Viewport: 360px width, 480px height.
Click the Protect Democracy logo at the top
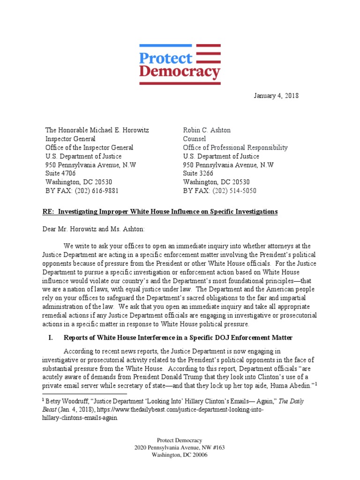[180, 64]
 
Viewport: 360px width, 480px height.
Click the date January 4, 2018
[276, 96]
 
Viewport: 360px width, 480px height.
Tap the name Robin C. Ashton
[207, 130]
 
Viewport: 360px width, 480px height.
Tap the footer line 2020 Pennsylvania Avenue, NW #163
[180, 448]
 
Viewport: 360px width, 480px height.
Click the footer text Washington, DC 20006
[180, 455]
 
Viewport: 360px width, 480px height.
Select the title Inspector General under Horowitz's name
[70, 139]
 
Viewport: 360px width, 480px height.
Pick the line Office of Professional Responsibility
[235, 148]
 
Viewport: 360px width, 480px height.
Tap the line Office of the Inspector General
[89, 148]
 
